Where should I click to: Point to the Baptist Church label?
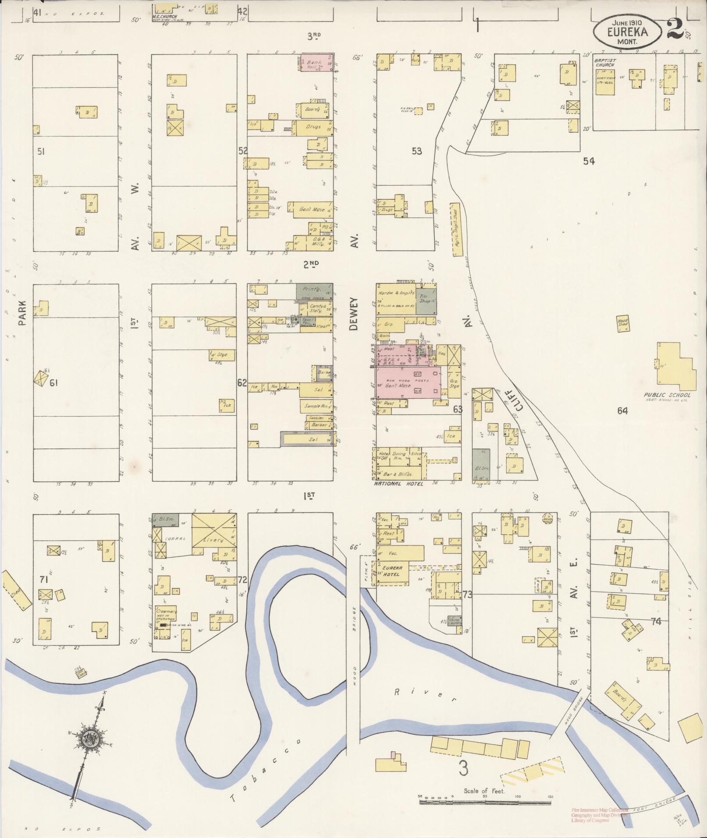[x=604, y=62]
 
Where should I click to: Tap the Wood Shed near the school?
[x=622, y=322]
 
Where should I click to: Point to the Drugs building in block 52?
[x=313, y=127]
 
